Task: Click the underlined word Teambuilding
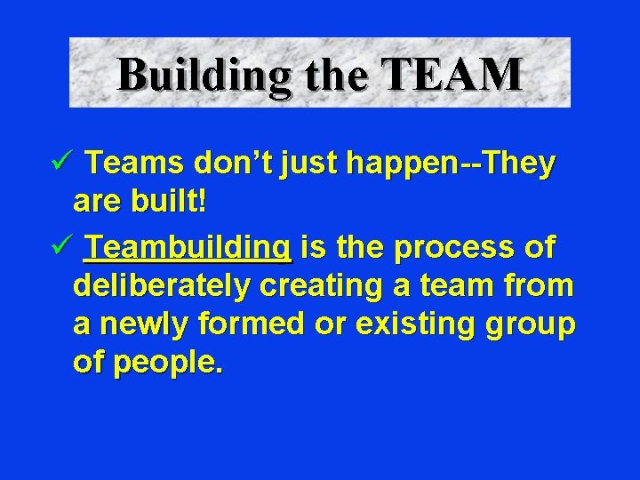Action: [188, 246]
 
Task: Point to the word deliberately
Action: [163, 287]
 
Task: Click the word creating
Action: [319, 288]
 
